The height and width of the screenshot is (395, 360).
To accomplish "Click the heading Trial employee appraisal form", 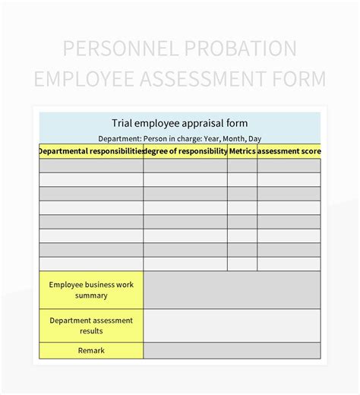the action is [180, 122].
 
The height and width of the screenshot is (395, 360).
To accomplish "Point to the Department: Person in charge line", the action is [180, 138].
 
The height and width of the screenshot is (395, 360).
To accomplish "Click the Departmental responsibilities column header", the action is [91, 151].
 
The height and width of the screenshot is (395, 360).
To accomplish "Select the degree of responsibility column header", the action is [185, 151].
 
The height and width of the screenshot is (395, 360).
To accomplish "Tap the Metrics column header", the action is [242, 151].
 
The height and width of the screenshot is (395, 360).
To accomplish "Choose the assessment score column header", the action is [289, 151].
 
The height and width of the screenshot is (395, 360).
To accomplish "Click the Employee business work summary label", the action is [91, 289].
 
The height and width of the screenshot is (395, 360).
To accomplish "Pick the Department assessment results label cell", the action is [91, 325].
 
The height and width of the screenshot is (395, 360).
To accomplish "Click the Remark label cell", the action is [91, 350].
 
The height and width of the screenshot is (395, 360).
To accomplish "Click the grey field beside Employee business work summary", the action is [232, 289].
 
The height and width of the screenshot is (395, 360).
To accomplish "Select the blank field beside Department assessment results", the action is [232, 325].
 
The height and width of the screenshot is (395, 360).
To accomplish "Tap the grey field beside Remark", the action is [232, 350].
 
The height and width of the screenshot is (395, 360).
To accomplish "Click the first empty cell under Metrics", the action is [242, 165].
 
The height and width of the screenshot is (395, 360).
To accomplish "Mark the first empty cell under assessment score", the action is [289, 165].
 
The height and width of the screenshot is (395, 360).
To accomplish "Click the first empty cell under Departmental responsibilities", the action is [91, 165].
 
